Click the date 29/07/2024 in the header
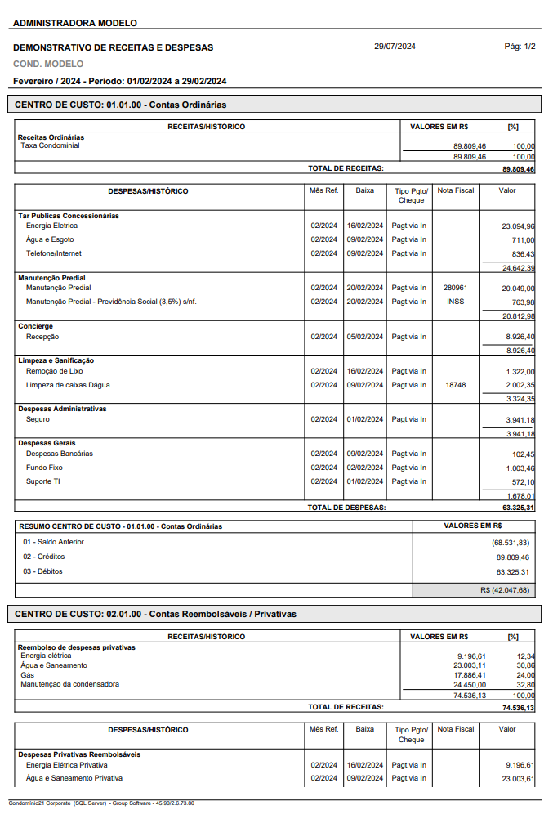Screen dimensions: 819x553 pyautogui.click(x=395, y=47)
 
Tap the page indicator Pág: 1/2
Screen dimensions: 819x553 pyautogui.click(x=520, y=47)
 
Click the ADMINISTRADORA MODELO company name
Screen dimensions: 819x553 pyautogui.click(x=75, y=23)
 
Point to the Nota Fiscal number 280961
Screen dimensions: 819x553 pyautogui.click(x=455, y=288)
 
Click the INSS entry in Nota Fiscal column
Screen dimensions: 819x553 pyautogui.click(x=455, y=302)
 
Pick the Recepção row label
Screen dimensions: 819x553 pyautogui.click(x=42, y=337)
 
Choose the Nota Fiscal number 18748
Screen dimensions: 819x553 pyautogui.click(x=455, y=385)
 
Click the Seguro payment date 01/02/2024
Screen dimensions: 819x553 pyautogui.click(x=364, y=419)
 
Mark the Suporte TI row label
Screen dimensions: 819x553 pyautogui.click(x=43, y=481)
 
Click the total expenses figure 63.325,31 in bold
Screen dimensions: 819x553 pyautogui.click(x=519, y=508)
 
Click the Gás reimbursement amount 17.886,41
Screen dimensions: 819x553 pyautogui.click(x=470, y=675)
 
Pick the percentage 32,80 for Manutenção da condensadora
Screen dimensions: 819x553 pyautogui.click(x=525, y=685)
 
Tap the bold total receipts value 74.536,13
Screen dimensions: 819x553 pyautogui.click(x=519, y=708)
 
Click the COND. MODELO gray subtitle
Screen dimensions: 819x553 pyautogui.click(x=48, y=64)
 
